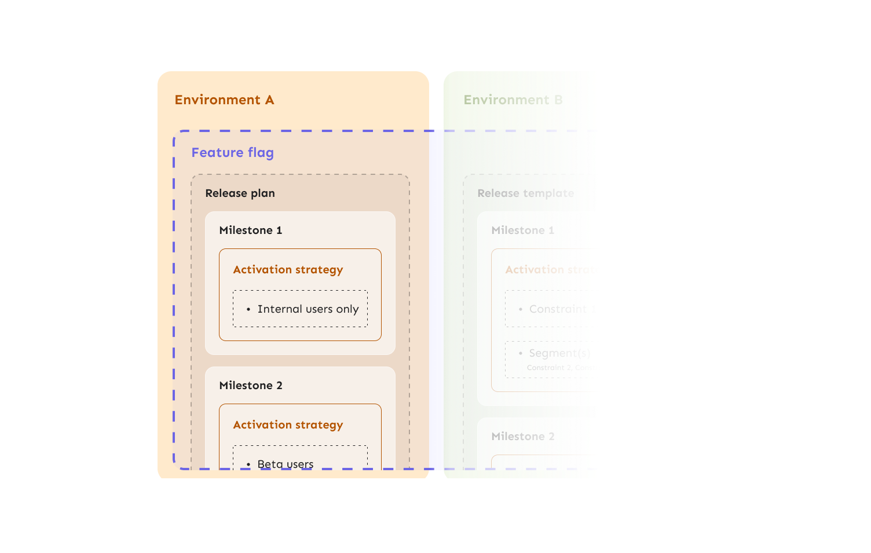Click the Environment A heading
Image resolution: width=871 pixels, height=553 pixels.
click(x=224, y=100)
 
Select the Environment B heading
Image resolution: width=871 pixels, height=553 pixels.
click(x=513, y=100)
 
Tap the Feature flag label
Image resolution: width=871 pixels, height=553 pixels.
click(x=232, y=152)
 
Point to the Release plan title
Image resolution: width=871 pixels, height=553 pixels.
click(x=240, y=193)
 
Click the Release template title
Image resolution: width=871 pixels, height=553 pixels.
click(x=525, y=193)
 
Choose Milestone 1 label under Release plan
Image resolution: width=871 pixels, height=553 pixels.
click(x=250, y=230)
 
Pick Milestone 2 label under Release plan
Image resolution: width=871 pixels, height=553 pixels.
click(x=250, y=386)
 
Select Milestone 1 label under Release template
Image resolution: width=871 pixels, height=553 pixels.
click(x=522, y=230)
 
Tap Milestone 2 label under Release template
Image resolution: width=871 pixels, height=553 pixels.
click(x=522, y=437)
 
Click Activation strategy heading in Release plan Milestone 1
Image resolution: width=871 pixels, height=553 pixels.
click(x=288, y=270)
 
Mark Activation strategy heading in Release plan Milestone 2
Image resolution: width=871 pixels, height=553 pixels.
click(x=288, y=425)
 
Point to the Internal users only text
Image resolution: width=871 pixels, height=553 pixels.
click(x=308, y=309)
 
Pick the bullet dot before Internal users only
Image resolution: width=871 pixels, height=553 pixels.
click(x=248, y=310)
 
